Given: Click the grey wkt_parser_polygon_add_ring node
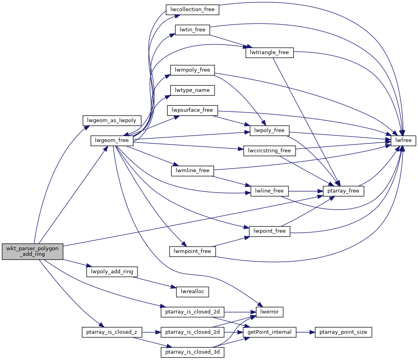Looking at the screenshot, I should tap(33, 252).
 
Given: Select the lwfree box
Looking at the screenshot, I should tap(403, 140).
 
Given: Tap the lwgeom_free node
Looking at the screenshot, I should tap(112, 140).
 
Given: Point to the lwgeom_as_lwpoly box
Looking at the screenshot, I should tap(112, 120).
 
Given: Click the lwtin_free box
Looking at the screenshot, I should tap(192, 30).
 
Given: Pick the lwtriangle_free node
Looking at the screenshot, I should tap(269, 52).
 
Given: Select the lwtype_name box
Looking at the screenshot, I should tap(192, 90).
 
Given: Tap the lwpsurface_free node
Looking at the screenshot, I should tap(192, 110).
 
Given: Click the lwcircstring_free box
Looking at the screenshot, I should tap(269, 151).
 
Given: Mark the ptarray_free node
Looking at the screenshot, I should tap(343, 191).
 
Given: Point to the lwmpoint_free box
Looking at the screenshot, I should tap(192, 251).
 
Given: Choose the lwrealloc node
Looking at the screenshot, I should tap(192, 291).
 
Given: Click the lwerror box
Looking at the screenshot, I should tap(269, 311).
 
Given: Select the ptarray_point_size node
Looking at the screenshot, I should tap(343, 332).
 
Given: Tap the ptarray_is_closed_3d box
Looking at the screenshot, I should tap(192, 352).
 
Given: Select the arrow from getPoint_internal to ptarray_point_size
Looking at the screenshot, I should tap(306, 332).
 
